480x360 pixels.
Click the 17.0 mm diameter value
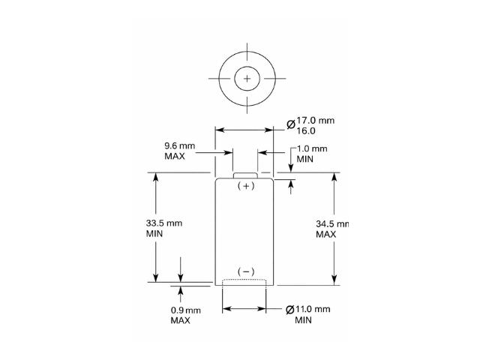point(315,120)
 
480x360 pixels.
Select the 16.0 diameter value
point(306,130)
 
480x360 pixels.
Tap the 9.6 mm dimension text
point(180,145)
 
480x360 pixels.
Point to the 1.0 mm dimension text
point(312,148)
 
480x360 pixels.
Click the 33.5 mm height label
point(164,223)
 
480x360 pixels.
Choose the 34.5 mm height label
point(332,223)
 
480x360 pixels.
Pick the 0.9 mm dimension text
point(186,310)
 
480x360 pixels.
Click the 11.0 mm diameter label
point(313,309)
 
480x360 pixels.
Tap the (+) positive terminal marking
point(246,186)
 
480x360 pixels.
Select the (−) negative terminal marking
point(246,271)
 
